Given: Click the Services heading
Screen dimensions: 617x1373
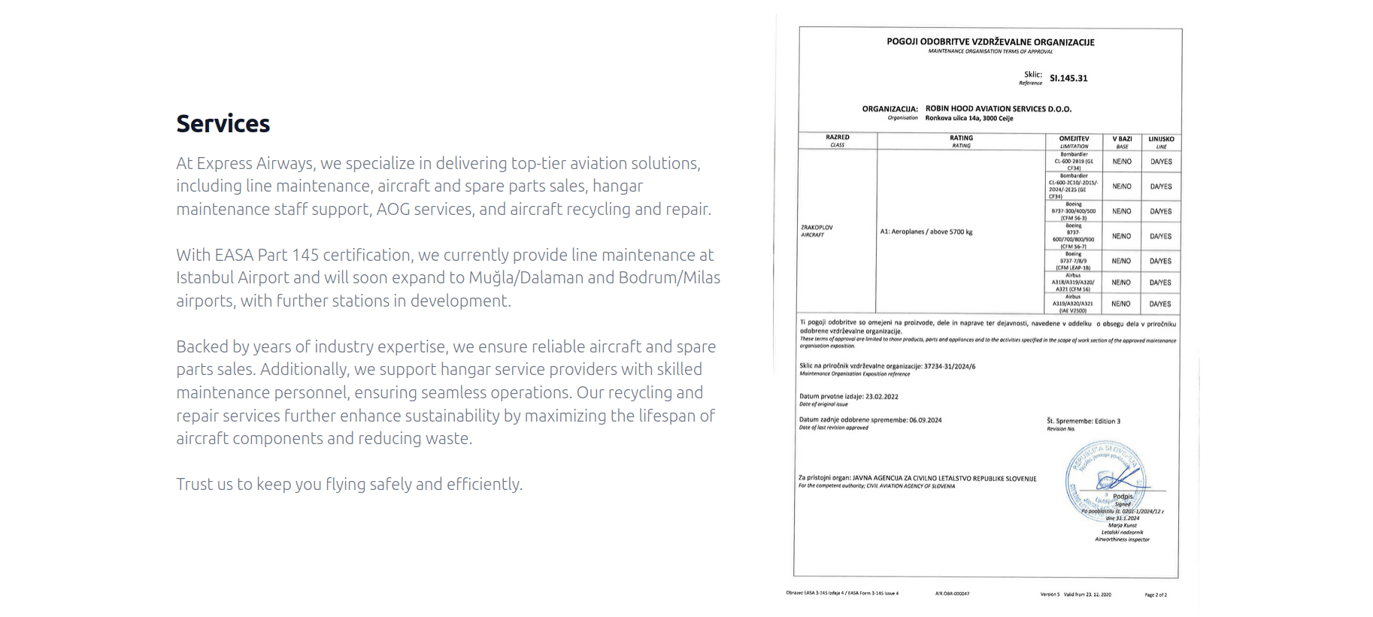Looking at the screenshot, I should tap(223, 124).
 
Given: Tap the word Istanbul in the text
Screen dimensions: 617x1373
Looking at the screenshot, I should tap(205, 277).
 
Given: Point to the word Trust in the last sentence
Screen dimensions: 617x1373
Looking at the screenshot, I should tap(194, 484).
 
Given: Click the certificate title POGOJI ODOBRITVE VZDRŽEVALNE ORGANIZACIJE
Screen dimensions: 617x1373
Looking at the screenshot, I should tap(990, 42).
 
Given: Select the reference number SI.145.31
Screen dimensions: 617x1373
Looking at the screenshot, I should tap(1068, 78).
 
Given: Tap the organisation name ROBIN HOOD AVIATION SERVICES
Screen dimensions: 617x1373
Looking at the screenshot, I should tap(998, 109).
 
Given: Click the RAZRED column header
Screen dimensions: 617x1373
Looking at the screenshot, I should tap(837, 138).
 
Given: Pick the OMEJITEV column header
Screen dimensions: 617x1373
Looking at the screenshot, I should tap(1074, 139).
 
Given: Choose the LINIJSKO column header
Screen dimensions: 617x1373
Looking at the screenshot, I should tap(1161, 139).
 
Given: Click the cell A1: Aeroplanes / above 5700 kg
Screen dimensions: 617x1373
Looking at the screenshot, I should tap(926, 231).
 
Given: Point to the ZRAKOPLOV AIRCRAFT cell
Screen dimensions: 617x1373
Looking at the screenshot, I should tap(817, 231).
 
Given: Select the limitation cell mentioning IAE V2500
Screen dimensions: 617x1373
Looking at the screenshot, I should tap(1073, 304).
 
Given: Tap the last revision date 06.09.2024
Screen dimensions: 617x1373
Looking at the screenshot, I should tap(925, 420).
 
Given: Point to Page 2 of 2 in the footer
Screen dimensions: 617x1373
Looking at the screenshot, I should tap(1156, 594).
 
